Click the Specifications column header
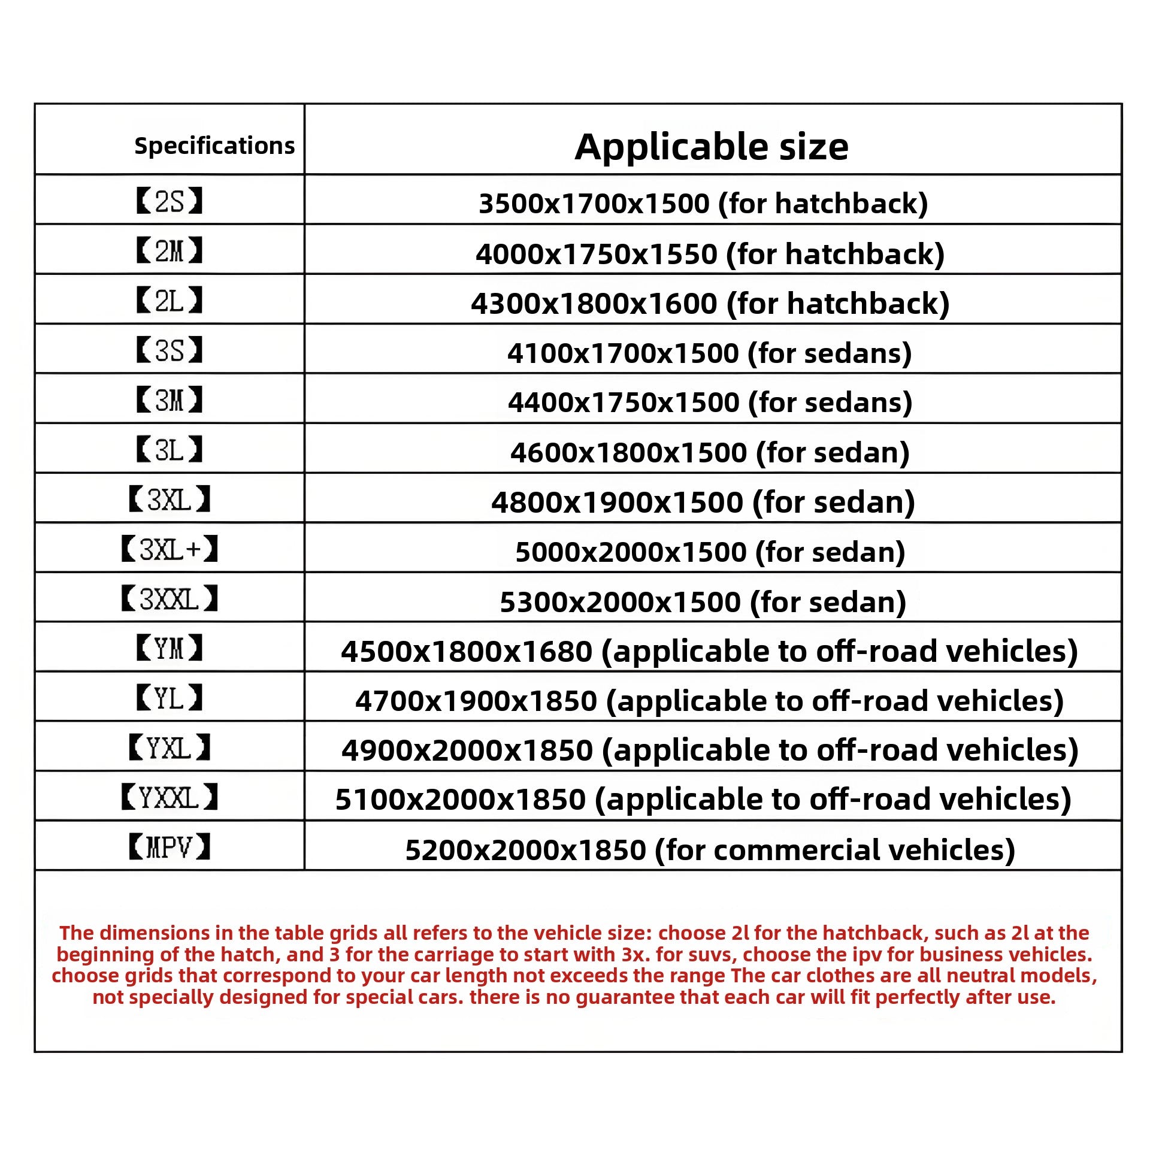(214, 146)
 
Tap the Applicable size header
(711, 147)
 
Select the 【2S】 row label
(170, 201)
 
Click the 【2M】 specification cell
(170, 251)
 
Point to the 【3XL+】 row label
(170, 549)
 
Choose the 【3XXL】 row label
(170, 599)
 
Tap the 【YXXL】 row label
(170, 798)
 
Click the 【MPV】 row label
(170, 848)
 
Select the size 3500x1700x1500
(594, 204)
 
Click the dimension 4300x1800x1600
(594, 304)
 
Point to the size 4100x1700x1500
(622, 353)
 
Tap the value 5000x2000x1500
(630, 552)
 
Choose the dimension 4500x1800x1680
(467, 652)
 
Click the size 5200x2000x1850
(525, 851)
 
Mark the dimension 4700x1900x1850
(476, 701)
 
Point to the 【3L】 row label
(170, 450)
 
